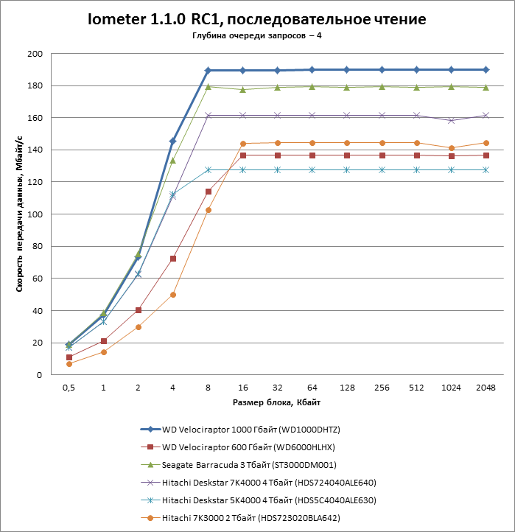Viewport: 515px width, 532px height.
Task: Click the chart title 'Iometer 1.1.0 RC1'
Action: point(256,18)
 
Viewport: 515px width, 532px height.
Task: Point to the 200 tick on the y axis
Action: point(35,54)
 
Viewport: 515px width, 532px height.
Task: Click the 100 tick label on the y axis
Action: point(35,214)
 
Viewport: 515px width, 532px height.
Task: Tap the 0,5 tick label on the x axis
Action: point(69,388)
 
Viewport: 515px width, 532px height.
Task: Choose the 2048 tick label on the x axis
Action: point(486,388)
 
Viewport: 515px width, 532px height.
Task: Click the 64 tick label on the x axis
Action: point(312,388)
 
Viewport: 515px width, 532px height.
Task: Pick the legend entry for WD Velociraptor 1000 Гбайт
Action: point(251,429)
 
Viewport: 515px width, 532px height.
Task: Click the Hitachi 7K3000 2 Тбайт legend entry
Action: point(251,519)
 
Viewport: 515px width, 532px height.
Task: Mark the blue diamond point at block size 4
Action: point(173,141)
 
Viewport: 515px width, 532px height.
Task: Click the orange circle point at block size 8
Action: point(208,210)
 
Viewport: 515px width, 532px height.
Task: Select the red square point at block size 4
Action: point(173,259)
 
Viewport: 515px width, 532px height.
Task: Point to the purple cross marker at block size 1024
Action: point(451,120)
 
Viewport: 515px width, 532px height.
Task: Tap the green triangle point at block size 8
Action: point(208,87)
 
